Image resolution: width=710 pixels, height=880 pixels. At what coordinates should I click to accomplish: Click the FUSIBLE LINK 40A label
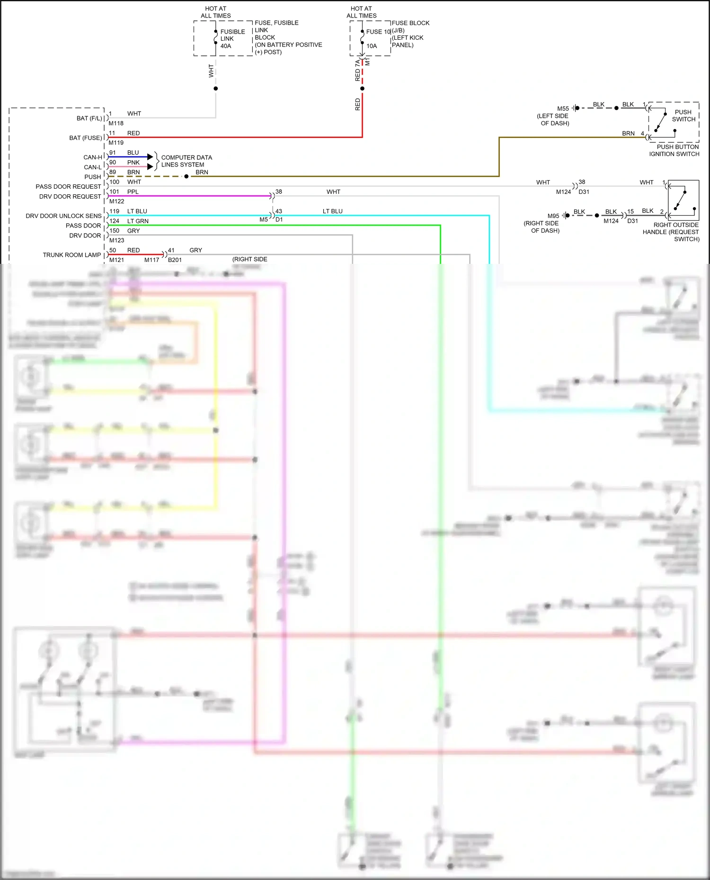[232, 39]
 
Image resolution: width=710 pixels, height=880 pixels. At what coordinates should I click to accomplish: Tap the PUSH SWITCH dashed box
[674, 122]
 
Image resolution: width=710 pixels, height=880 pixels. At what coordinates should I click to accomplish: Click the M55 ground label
[563, 109]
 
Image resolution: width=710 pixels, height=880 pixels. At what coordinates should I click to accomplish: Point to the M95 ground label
[553, 216]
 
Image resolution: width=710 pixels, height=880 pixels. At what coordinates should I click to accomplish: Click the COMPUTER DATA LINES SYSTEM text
[186, 161]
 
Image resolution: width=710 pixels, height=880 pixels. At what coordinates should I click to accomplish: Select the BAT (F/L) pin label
[89, 119]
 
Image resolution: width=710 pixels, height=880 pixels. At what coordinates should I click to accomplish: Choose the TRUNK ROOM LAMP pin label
[72, 255]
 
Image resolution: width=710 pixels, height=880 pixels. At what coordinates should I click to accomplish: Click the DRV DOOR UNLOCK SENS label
[63, 216]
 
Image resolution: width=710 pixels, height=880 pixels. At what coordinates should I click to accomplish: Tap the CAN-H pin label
[93, 157]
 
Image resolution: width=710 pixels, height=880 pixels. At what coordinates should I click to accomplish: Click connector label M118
[116, 123]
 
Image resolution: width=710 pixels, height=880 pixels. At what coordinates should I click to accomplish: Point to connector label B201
[175, 260]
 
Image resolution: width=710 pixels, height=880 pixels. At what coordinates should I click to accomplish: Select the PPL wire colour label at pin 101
[133, 192]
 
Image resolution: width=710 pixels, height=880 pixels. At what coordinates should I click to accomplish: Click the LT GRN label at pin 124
[138, 221]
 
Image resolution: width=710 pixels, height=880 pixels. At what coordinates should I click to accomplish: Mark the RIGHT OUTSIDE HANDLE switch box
[683, 200]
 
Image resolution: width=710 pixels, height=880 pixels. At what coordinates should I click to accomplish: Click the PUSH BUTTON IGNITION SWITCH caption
[674, 150]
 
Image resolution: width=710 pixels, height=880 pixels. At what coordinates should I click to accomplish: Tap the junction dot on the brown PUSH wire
[186, 176]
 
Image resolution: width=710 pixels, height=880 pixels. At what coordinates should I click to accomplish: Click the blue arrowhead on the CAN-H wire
[150, 157]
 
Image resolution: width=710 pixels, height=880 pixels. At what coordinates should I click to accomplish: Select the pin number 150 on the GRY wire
[115, 231]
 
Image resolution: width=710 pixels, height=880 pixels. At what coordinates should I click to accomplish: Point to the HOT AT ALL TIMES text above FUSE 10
[361, 12]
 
